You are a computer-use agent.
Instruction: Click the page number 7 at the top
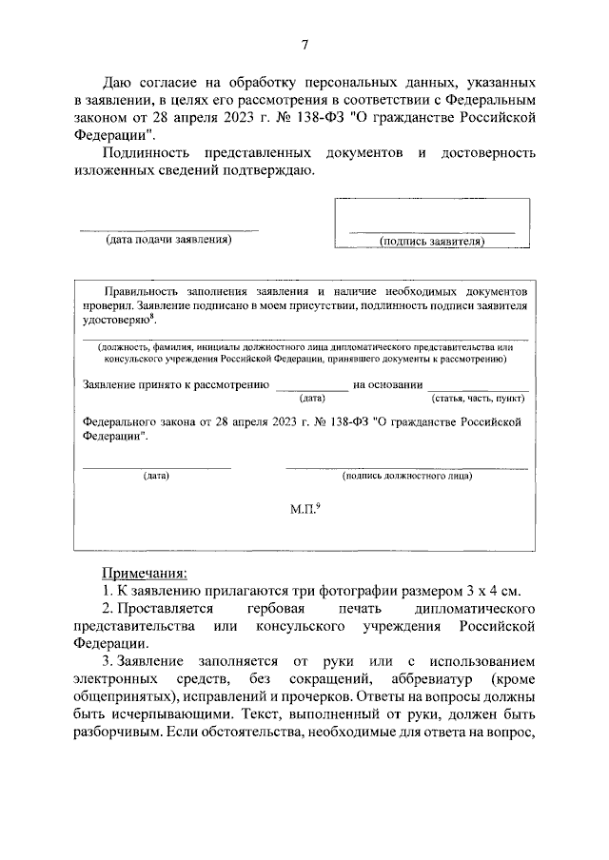click(304, 44)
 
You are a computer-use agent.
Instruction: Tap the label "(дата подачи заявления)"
click(168, 241)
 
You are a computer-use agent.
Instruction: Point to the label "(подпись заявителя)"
click(432, 242)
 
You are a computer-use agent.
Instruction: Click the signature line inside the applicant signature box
click(432, 232)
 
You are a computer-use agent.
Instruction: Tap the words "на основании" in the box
click(387, 384)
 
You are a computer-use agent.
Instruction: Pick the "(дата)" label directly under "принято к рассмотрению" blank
click(312, 398)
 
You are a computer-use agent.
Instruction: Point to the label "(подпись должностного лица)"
click(407, 475)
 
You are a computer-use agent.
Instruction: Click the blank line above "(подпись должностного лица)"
click(407, 466)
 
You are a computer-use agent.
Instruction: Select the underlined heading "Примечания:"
click(145, 573)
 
